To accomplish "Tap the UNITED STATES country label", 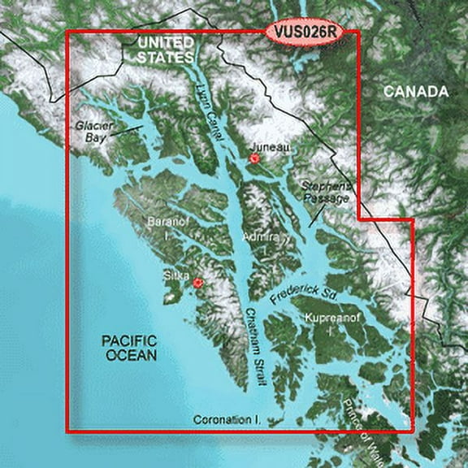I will tap(166, 49).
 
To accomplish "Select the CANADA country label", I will tap(416, 92).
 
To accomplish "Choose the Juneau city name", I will tap(271, 147).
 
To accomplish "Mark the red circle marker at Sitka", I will tap(197, 283).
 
